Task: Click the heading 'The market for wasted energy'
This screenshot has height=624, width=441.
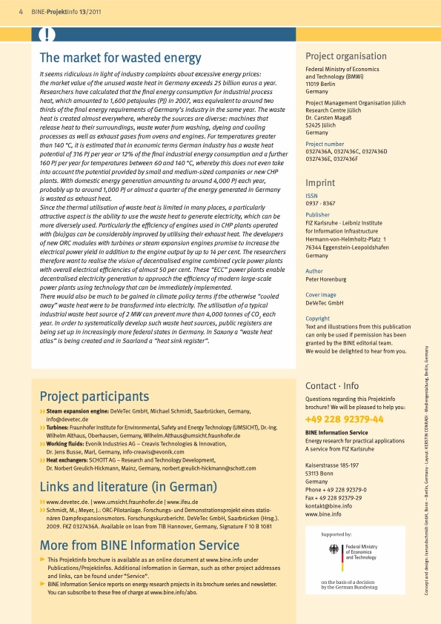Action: click(x=120, y=59)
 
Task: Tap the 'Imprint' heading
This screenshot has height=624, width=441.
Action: click(x=321, y=182)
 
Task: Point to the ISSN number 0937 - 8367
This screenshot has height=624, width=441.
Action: click(x=320, y=203)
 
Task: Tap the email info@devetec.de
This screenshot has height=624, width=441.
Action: click(x=71, y=419)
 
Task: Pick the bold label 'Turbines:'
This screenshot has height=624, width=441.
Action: click(x=62, y=428)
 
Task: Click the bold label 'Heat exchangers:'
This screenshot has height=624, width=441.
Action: click(x=73, y=460)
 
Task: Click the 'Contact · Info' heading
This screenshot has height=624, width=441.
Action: click(x=332, y=385)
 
